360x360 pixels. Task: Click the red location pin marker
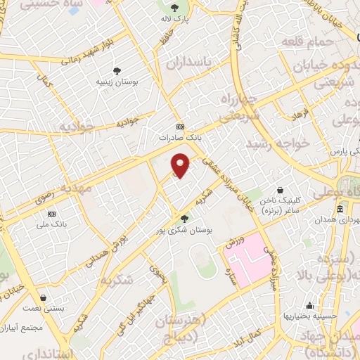coord(181,167)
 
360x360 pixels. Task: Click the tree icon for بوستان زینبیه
coord(117,71)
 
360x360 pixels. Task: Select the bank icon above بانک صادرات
coord(181,127)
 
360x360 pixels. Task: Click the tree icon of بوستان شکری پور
coord(185,218)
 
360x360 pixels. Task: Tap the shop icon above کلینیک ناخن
coord(281,190)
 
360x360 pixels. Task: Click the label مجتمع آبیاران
coord(25,328)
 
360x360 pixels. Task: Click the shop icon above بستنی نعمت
coord(45,297)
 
